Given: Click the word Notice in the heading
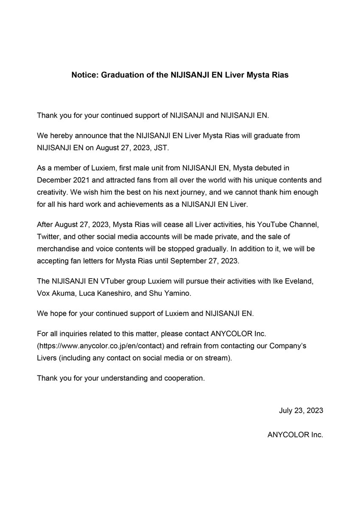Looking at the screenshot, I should [84, 75].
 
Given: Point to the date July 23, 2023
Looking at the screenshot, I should [301, 411].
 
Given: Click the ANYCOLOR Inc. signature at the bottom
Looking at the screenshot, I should [295, 435].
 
